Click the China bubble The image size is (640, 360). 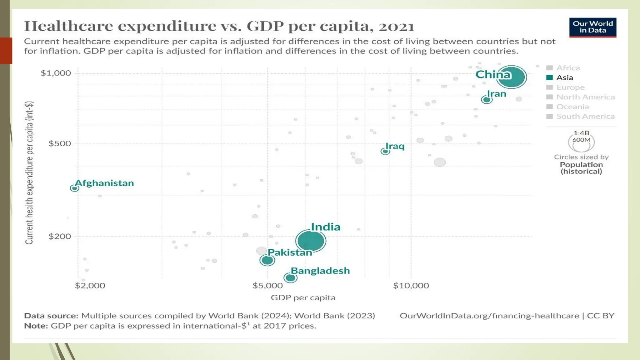pyautogui.click(x=512, y=77)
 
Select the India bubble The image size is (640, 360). pyautogui.click(x=311, y=241)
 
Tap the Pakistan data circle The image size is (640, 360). pyautogui.click(x=267, y=260)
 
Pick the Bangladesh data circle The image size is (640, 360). pyautogui.click(x=290, y=277)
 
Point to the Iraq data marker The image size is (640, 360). pyautogui.click(x=385, y=152)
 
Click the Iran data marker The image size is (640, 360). pyautogui.click(x=487, y=100)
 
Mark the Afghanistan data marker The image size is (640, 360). pyautogui.click(x=74, y=188)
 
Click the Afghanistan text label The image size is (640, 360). pyautogui.click(x=104, y=183)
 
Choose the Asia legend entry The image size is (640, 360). pyautogui.click(x=564, y=77)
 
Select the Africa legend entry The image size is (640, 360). pyautogui.click(x=568, y=68)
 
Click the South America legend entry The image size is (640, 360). pyautogui.click(x=585, y=116)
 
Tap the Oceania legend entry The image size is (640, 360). pyautogui.click(x=572, y=107)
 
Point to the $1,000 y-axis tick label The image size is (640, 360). pyautogui.click(x=56, y=73)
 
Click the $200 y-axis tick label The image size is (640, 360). pyautogui.click(x=60, y=236)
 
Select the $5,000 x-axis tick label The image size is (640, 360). pyautogui.click(x=267, y=285)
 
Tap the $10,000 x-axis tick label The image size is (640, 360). pyautogui.click(x=411, y=285)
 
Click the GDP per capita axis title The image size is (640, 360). pyautogui.click(x=303, y=297)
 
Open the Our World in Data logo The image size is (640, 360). pyautogui.click(x=592, y=27)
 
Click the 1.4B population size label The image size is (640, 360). pyautogui.click(x=581, y=133)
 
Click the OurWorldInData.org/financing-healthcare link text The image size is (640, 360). pyautogui.click(x=489, y=316)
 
